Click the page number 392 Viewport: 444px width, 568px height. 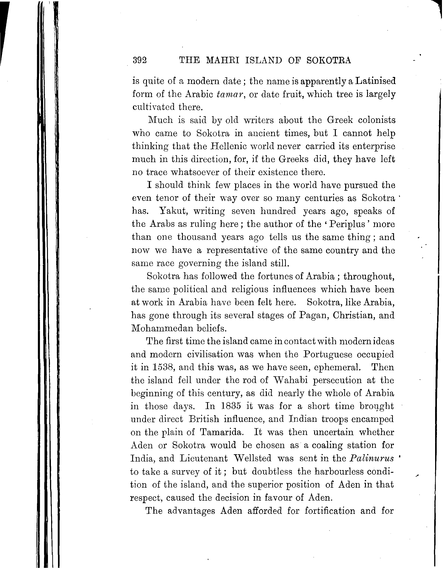pyautogui.click(x=140, y=60)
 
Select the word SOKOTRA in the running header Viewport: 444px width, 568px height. pyautogui.click(x=329, y=60)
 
